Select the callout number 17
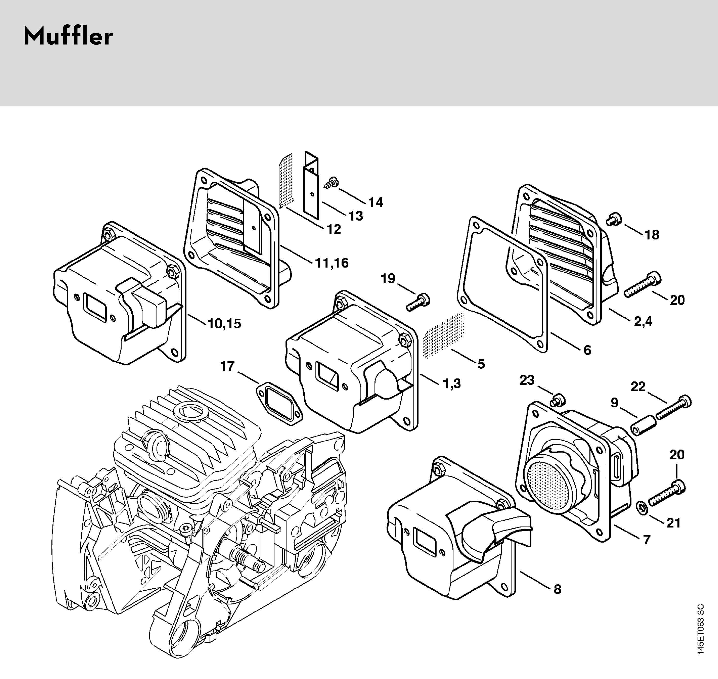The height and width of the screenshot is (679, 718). click(228, 366)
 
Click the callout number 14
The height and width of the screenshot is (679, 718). click(376, 202)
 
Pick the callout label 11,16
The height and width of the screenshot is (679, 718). click(332, 263)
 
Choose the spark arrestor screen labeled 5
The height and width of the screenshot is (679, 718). click(444, 335)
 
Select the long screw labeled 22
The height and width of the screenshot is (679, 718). click(673, 407)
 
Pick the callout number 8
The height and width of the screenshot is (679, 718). click(557, 589)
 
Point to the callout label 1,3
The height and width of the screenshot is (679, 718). click(452, 383)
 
